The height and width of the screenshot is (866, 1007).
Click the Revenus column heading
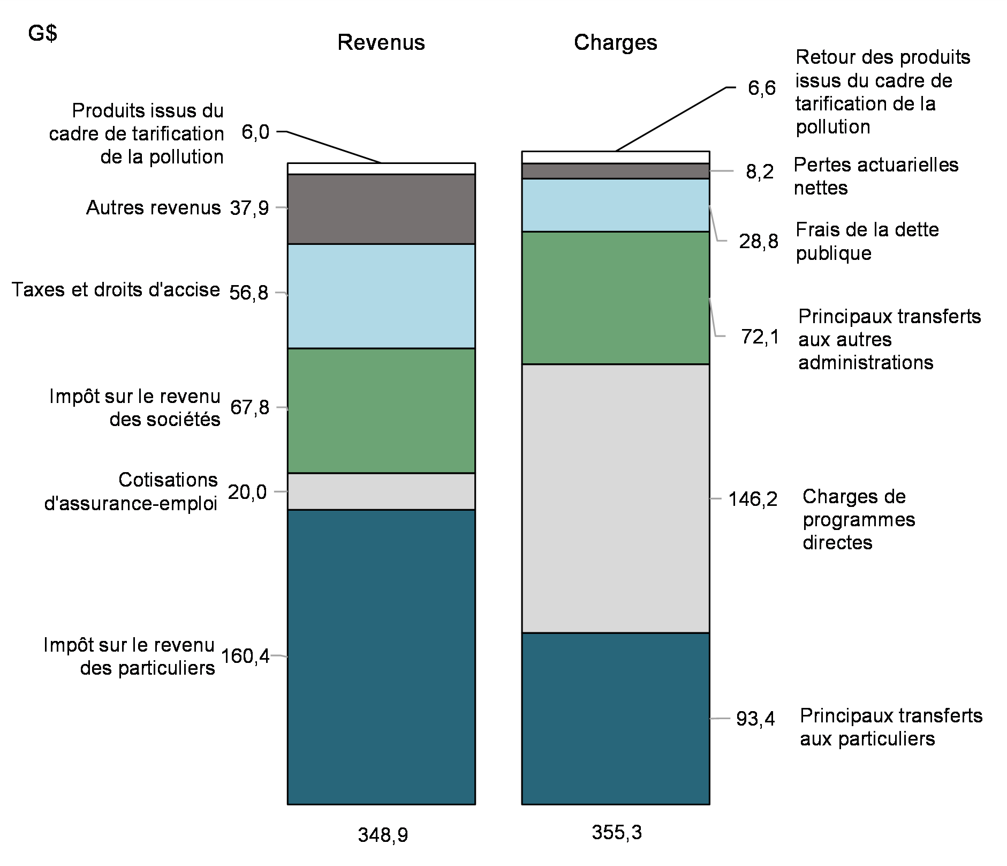coord(381,42)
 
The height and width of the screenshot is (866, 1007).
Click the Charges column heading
coord(615,42)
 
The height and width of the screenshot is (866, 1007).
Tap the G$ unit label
coord(43,34)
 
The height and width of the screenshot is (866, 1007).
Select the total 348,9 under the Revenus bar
coord(382,835)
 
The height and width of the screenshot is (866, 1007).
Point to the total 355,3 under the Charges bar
coord(616,832)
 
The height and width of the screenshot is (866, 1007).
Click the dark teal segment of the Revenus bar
coord(381,656)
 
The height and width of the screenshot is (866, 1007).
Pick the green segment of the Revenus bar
coord(381,410)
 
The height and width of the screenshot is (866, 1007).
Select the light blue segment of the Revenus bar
coord(381,296)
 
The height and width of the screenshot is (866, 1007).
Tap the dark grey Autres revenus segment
coord(381,209)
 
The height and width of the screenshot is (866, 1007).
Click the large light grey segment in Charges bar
coord(615,498)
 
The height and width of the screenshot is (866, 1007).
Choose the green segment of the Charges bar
coord(615,297)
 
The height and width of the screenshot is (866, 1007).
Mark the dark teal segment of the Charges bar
coord(615,718)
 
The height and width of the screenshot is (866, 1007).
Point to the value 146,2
coord(752,499)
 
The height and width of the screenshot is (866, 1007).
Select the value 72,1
coord(760,337)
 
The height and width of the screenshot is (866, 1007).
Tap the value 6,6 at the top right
coord(761,88)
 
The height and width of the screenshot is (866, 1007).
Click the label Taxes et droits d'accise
coord(116,290)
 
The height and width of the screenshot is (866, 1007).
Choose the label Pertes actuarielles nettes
coord(875,176)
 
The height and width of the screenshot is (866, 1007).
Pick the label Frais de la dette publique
coord(867,241)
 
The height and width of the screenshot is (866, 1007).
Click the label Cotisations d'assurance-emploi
coord(131,491)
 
